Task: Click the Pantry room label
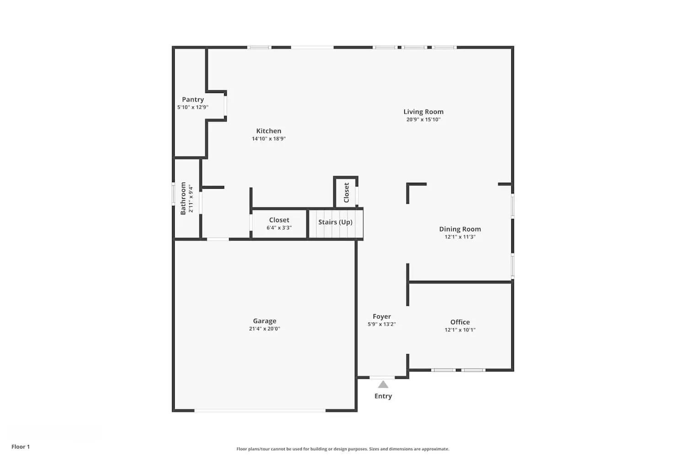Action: pyautogui.click(x=193, y=99)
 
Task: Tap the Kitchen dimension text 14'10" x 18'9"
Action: pyautogui.click(x=268, y=139)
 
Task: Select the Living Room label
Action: pyautogui.click(x=423, y=112)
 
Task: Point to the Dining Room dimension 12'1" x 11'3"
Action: pyautogui.click(x=460, y=237)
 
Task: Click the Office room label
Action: pyautogui.click(x=460, y=322)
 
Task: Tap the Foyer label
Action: pyautogui.click(x=381, y=316)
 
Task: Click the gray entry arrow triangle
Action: pyautogui.click(x=383, y=385)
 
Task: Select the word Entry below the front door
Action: pyautogui.click(x=383, y=396)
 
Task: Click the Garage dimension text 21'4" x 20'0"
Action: pyautogui.click(x=264, y=329)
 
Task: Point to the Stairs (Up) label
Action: pyautogui.click(x=335, y=222)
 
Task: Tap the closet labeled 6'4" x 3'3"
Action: pyautogui.click(x=279, y=224)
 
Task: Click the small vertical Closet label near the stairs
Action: pyautogui.click(x=346, y=192)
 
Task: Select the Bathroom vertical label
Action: pyautogui.click(x=183, y=198)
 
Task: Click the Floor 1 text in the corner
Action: pyautogui.click(x=21, y=447)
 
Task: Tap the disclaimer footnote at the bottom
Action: pyautogui.click(x=343, y=449)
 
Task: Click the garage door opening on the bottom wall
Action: pyautogui.click(x=260, y=410)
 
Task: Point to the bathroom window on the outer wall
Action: pyautogui.click(x=173, y=194)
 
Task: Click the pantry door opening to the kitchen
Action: pyautogui.click(x=225, y=106)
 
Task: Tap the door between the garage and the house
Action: pyautogui.click(x=218, y=239)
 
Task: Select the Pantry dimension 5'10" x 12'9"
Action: pyautogui.click(x=193, y=107)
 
